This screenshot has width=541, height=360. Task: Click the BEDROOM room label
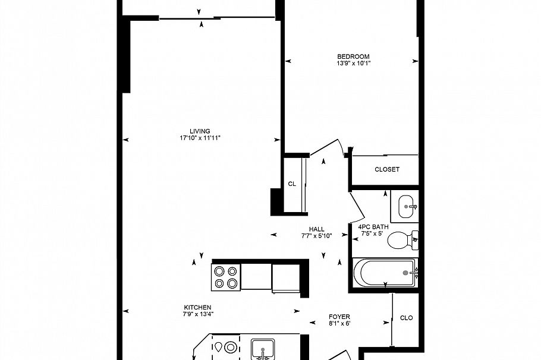click(x=353, y=56)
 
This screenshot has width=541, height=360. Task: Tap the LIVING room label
click(x=200, y=131)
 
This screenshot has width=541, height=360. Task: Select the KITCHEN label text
click(x=198, y=307)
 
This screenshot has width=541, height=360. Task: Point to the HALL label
click(x=317, y=229)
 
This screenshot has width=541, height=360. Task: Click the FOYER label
click(x=339, y=317)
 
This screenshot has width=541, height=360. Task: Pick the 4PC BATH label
click(x=373, y=227)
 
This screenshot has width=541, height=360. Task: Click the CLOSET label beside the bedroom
click(x=387, y=169)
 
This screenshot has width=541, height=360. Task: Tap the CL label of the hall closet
click(x=292, y=184)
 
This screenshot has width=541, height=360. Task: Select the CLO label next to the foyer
click(x=407, y=318)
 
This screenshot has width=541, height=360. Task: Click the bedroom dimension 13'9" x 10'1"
click(x=354, y=64)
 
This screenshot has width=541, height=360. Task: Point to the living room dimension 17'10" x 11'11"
click(x=200, y=138)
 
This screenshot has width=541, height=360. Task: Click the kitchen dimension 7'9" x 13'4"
click(x=198, y=314)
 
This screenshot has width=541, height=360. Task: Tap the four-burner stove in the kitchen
click(x=226, y=277)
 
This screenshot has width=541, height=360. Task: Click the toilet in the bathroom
click(x=402, y=239)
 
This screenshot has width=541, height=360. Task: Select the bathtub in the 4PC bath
click(x=386, y=273)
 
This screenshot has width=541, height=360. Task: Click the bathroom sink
click(x=405, y=207)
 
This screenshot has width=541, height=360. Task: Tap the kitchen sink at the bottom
click(x=263, y=349)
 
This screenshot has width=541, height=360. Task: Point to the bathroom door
click(x=357, y=206)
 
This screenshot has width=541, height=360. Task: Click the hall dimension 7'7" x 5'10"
click(x=317, y=236)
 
